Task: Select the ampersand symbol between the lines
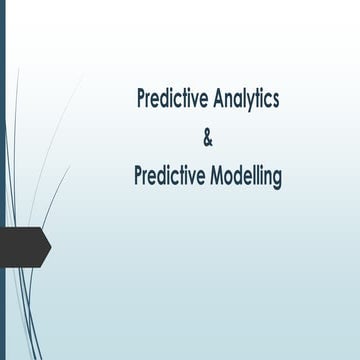click(208, 138)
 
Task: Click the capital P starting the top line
click(142, 99)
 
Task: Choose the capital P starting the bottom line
click(138, 176)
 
